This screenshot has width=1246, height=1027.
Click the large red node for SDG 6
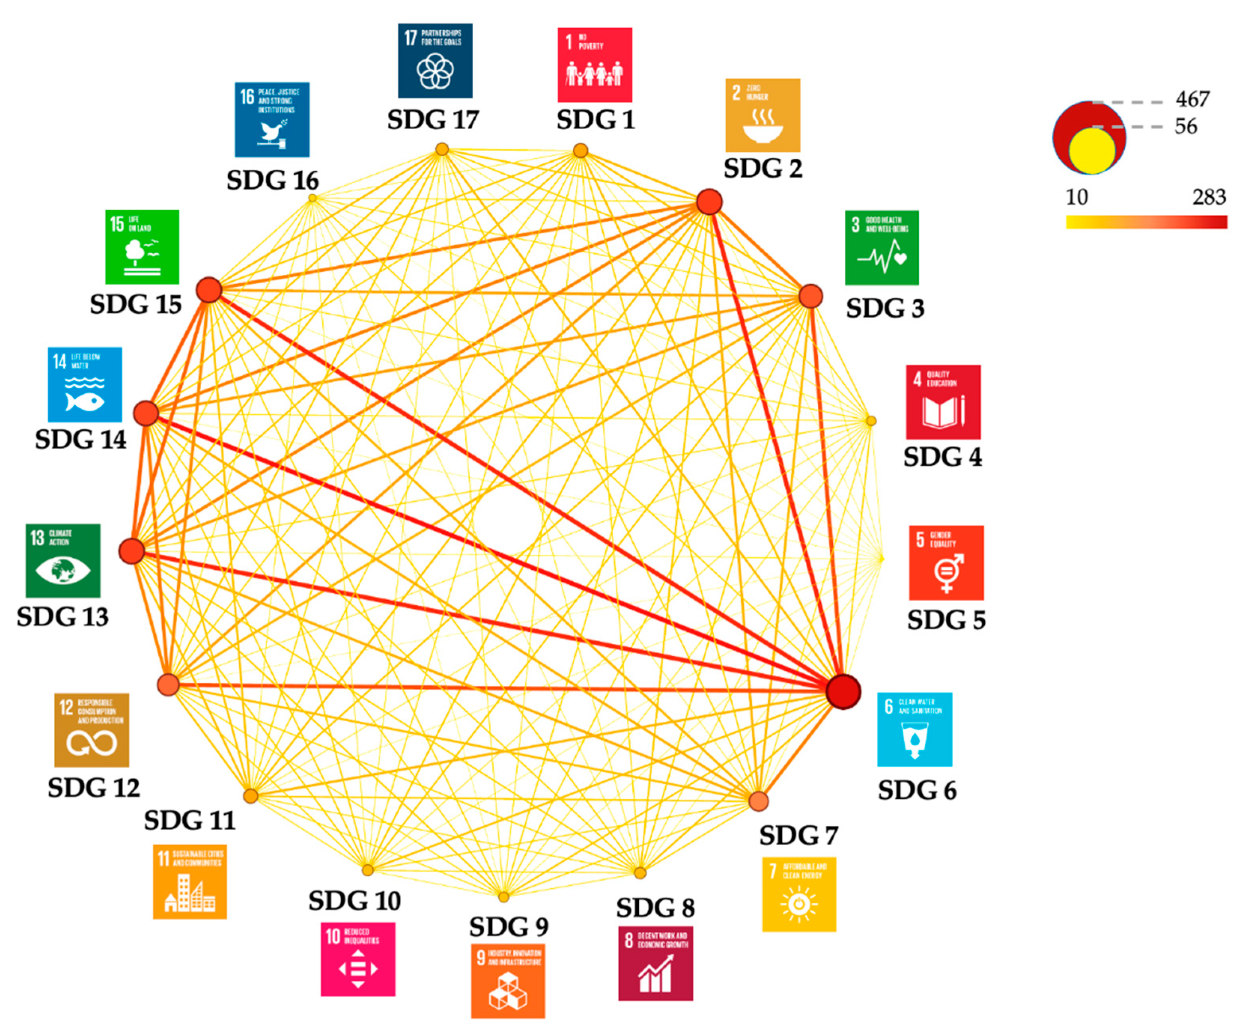coord(842,691)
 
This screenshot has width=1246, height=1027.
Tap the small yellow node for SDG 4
coord(870,421)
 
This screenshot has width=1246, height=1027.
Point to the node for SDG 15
coord(209,290)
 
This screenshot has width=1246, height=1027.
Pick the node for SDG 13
coord(131,551)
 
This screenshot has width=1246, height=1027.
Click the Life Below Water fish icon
coord(85,384)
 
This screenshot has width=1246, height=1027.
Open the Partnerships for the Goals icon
coord(435,60)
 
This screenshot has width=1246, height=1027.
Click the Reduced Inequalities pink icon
coord(358,959)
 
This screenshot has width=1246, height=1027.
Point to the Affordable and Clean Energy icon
coord(799,894)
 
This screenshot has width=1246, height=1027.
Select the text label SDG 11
coord(190,820)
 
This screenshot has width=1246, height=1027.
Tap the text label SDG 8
coord(655,907)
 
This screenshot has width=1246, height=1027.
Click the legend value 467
coord(1192,99)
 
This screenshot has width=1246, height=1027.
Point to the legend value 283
coord(1209,196)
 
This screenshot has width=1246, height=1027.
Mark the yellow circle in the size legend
coord(1092,151)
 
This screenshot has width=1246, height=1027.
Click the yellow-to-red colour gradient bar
coord(1146,222)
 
